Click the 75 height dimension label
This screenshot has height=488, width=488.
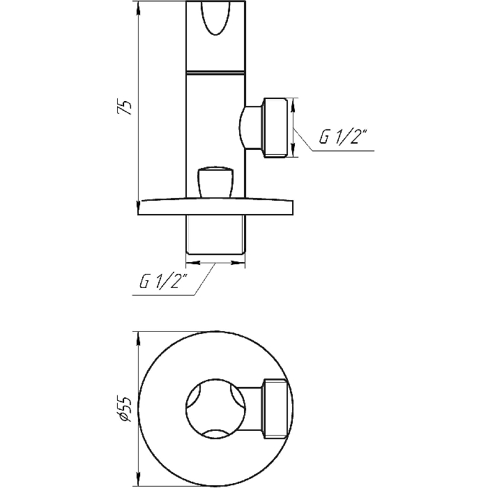(125, 107)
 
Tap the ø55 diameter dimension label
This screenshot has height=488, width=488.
(124, 409)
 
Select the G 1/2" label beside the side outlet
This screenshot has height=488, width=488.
(343, 137)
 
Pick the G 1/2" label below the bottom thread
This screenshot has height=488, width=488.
(163, 282)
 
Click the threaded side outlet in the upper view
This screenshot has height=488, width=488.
(275, 128)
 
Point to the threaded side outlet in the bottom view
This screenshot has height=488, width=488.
(275, 409)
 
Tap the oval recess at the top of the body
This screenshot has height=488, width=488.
(215, 17)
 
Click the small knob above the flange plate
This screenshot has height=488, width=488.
(215, 183)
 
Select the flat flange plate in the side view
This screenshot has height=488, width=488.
(215, 206)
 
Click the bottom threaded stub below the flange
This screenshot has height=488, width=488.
(215, 235)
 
